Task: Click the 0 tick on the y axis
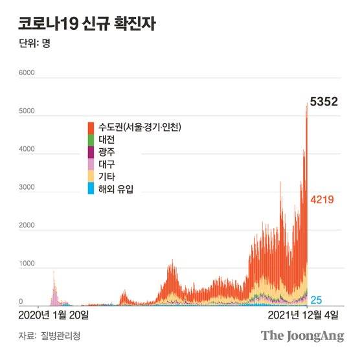tap(21, 302)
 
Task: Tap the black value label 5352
tap(325, 103)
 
